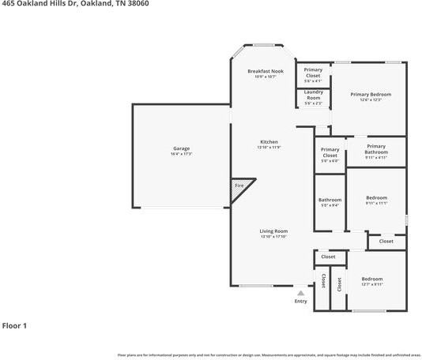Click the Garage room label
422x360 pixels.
181,148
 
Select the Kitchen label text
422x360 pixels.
269,142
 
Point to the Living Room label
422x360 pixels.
273,231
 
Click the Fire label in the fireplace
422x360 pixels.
239,186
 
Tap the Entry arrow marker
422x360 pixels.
300,293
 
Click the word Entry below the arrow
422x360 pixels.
300,301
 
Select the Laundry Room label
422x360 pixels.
313,95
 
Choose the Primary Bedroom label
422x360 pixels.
371,94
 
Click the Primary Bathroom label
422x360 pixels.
375,148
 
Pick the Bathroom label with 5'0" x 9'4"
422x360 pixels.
330,200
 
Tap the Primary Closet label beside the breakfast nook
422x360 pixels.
313,72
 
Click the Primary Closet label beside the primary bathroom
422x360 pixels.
330,152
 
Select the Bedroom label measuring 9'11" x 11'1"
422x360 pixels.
376,197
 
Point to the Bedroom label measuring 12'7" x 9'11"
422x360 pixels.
371,279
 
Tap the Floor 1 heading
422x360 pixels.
15,325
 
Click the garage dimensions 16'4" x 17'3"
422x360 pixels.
181,153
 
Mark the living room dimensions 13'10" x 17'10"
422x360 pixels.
273,237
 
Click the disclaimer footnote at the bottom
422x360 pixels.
269,355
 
